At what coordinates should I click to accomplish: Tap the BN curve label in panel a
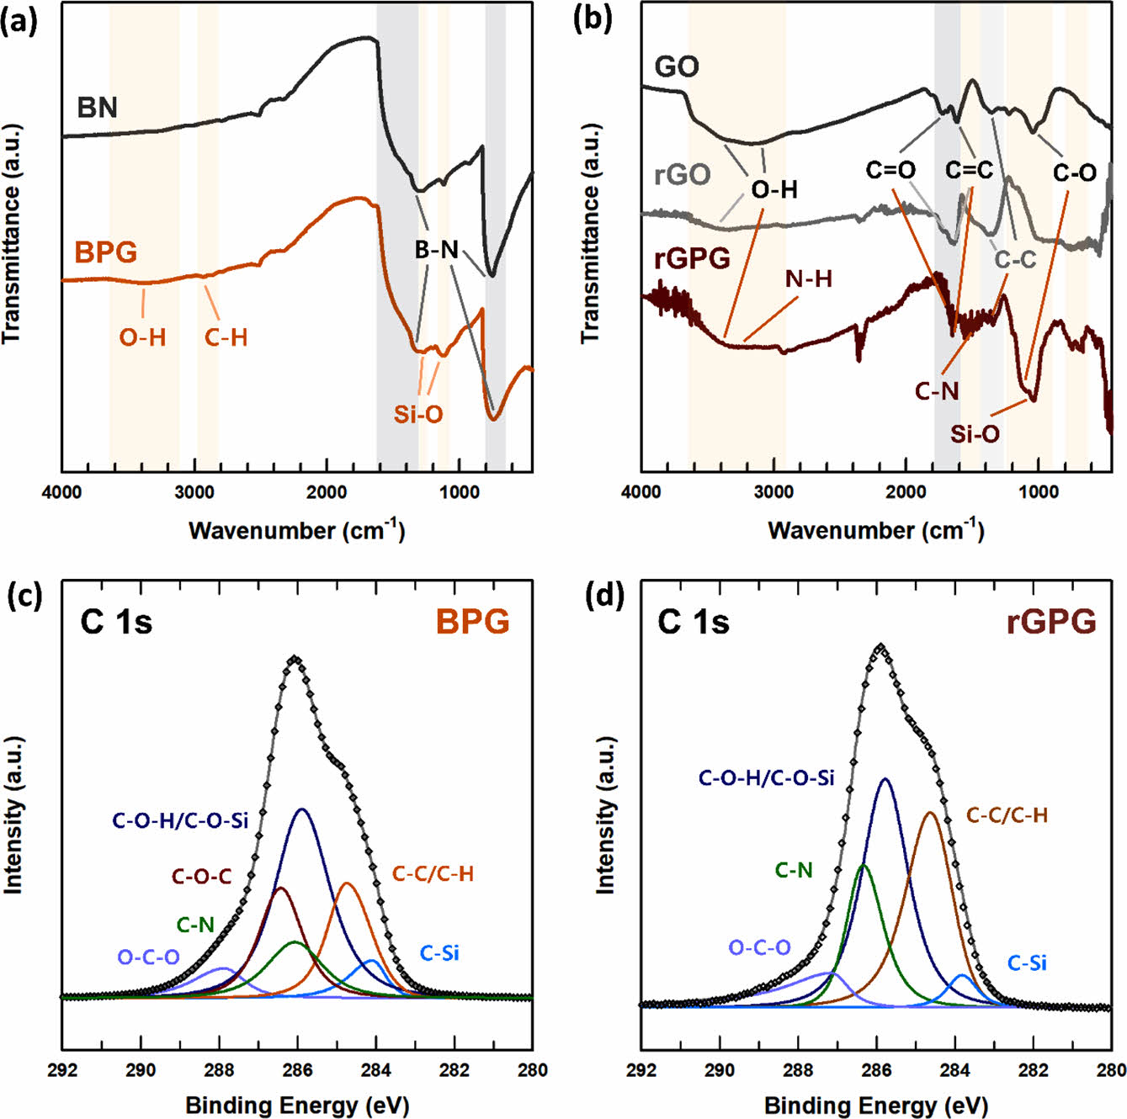(x=97, y=108)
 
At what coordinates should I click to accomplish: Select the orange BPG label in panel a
(x=105, y=252)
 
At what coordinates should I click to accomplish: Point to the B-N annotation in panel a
(x=437, y=249)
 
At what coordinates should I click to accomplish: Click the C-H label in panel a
(x=226, y=338)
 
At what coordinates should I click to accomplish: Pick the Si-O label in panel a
(x=418, y=414)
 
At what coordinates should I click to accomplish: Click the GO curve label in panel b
(x=677, y=66)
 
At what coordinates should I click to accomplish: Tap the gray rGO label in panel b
(x=683, y=175)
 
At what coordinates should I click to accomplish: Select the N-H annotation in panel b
(x=808, y=278)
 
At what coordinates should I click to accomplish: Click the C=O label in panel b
(x=890, y=171)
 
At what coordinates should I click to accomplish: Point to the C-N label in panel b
(x=937, y=391)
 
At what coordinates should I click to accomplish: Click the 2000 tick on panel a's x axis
(x=327, y=492)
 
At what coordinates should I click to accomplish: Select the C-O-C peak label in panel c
(x=202, y=877)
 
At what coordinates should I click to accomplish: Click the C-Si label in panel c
(x=439, y=953)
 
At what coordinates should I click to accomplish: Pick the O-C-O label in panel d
(x=759, y=948)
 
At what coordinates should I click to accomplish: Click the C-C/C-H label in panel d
(x=1007, y=814)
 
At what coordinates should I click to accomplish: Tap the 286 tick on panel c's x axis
(x=298, y=1070)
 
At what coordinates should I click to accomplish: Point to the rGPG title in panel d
(x=1051, y=622)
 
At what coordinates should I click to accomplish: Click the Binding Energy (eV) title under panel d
(x=875, y=1105)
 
